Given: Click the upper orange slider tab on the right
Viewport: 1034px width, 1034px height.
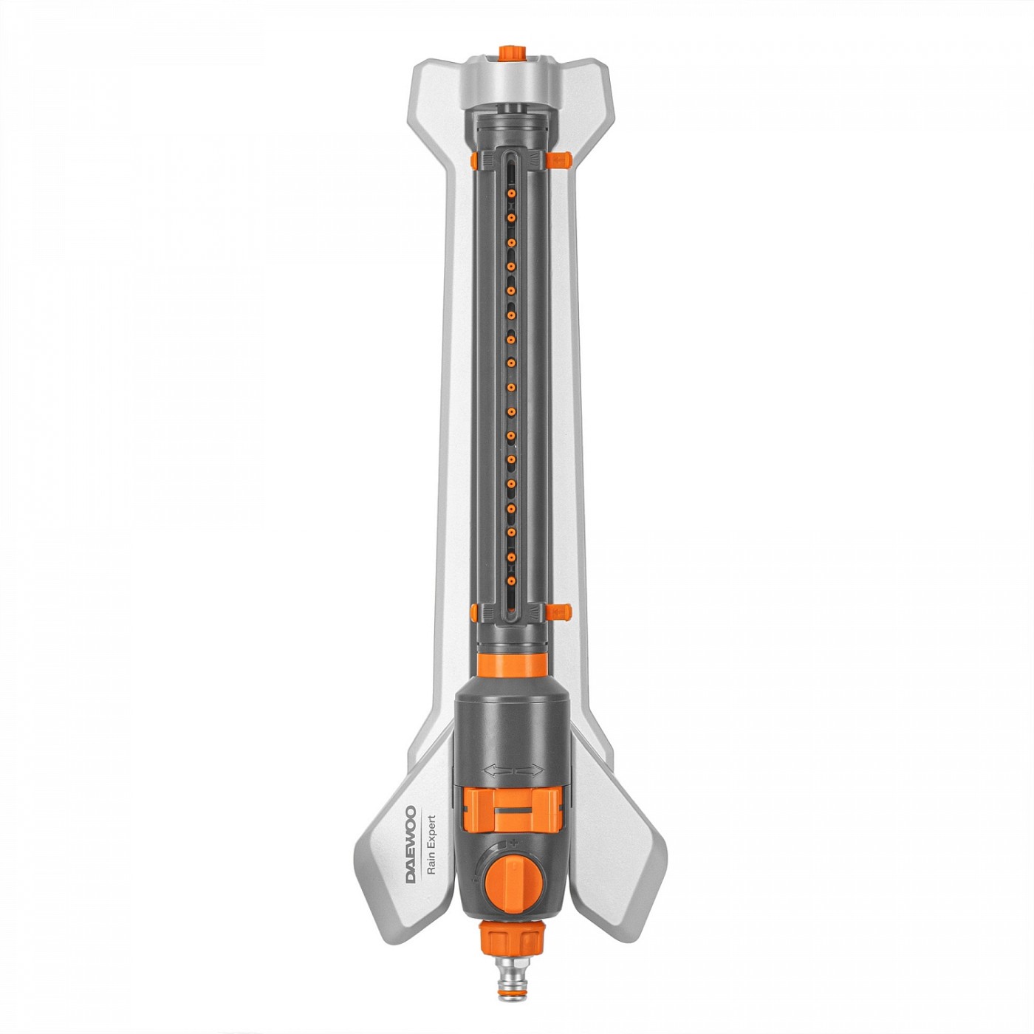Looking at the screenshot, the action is [558, 158].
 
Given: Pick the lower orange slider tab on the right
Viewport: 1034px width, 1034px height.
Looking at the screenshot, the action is [558, 611].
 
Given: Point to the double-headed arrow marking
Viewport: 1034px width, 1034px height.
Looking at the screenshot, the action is [513, 771].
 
